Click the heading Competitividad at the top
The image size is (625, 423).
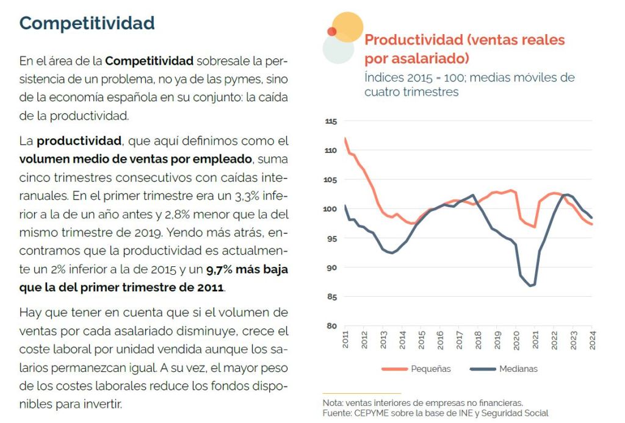(x=87, y=23)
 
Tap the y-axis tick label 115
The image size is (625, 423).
(x=330, y=122)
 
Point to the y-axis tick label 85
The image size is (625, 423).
(x=331, y=297)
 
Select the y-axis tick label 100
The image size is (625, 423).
(x=330, y=209)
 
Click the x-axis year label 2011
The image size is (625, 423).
(x=345, y=340)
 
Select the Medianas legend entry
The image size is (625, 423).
(x=518, y=369)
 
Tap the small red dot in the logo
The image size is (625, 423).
(x=332, y=31)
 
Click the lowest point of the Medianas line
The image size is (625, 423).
(x=532, y=286)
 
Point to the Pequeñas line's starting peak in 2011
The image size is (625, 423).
(x=345, y=138)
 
